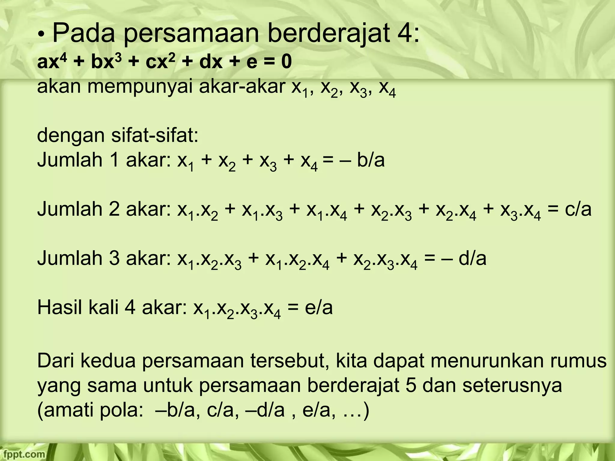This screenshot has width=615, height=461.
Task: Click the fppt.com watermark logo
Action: click(x=23, y=454)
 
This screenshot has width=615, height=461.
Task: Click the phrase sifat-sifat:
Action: click(x=155, y=135)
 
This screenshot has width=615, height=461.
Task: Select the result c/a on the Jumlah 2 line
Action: click(x=578, y=209)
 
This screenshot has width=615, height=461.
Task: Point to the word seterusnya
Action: click(x=512, y=386)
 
